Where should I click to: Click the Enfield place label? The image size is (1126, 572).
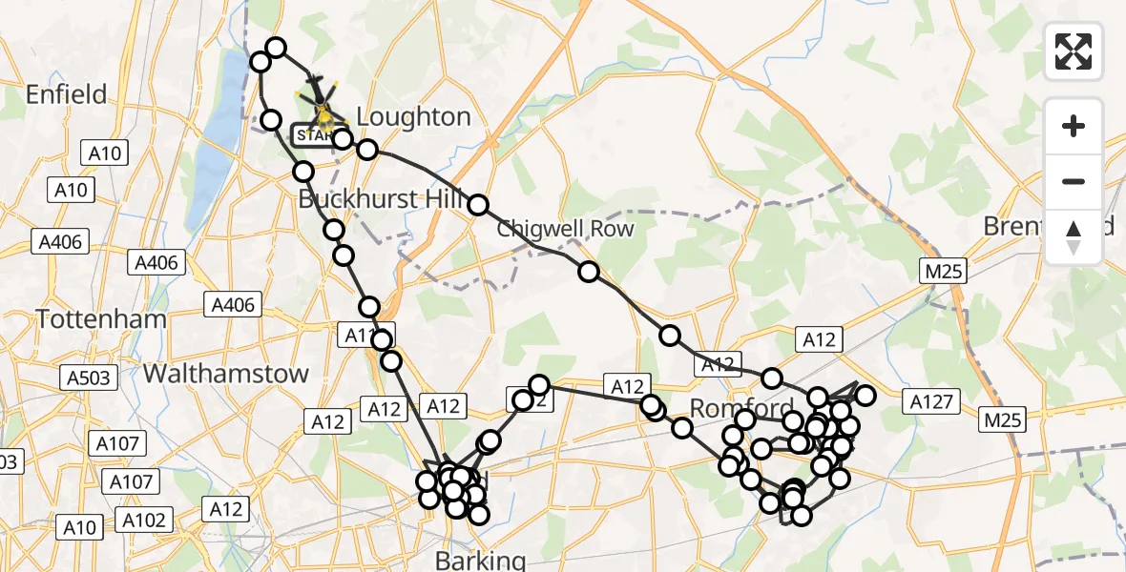click(66, 94)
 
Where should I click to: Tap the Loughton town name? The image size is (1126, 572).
click(413, 117)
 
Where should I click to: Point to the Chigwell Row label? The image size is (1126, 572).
click(565, 230)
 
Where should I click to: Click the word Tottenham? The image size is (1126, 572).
click(101, 319)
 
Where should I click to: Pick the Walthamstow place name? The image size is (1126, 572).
click(226, 373)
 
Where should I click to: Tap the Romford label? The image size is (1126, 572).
click(741, 409)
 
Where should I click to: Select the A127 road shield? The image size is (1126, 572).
click(930, 402)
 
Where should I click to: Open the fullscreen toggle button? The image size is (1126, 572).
click(1074, 51)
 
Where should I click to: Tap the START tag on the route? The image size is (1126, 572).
click(314, 135)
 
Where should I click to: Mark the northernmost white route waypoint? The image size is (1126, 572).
click(276, 48)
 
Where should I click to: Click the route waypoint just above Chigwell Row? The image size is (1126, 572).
click(478, 205)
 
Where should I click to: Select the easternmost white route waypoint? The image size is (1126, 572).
click(865, 395)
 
